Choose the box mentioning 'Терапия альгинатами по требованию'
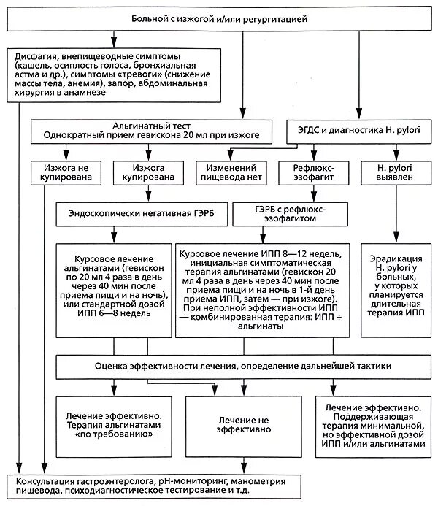tap(114, 423)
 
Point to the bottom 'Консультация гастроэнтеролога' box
tap(218, 487)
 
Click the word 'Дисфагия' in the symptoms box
tap(37, 56)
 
